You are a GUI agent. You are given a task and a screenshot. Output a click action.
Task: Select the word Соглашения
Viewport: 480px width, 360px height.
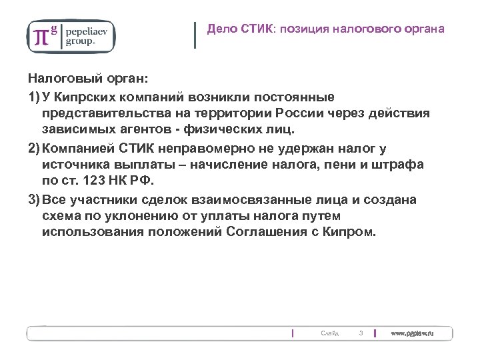(273, 233)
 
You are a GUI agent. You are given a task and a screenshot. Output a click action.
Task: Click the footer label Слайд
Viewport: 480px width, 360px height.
(329, 333)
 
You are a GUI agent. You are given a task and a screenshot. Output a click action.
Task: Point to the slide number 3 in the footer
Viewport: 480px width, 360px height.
(360, 333)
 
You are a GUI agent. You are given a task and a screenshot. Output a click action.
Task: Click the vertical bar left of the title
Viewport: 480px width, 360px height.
(195, 35)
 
